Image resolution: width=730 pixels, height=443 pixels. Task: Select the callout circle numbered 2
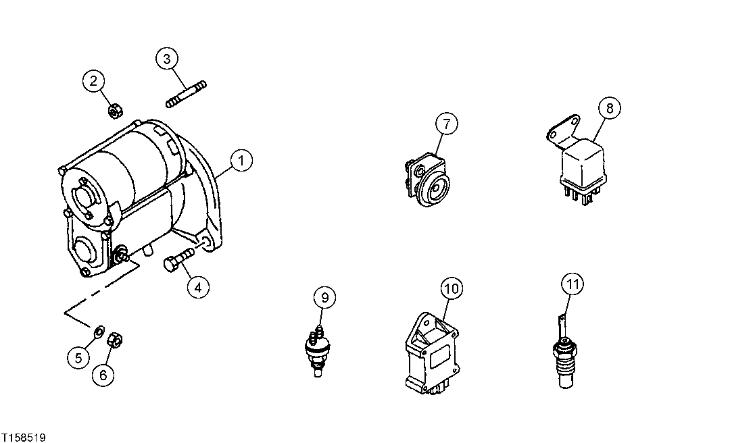pyautogui.click(x=94, y=82)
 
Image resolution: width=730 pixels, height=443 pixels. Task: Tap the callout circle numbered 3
pyautogui.click(x=167, y=59)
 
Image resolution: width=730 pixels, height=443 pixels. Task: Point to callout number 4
pyautogui.click(x=198, y=288)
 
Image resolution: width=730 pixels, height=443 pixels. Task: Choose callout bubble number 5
pyautogui.click(x=78, y=357)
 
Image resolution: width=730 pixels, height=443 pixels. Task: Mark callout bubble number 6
pyautogui.click(x=103, y=374)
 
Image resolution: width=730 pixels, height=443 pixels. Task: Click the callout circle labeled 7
pyautogui.click(x=446, y=124)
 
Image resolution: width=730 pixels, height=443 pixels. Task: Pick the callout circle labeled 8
pyautogui.click(x=608, y=107)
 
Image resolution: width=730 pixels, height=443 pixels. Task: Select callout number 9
pyautogui.click(x=324, y=297)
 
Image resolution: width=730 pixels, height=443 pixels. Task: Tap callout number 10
pyautogui.click(x=452, y=288)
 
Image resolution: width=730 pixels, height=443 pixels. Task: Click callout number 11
pyautogui.click(x=573, y=284)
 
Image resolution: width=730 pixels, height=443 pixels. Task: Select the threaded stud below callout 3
pyautogui.click(x=186, y=94)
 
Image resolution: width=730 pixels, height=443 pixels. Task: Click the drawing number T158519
pyautogui.click(x=24, y=438)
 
